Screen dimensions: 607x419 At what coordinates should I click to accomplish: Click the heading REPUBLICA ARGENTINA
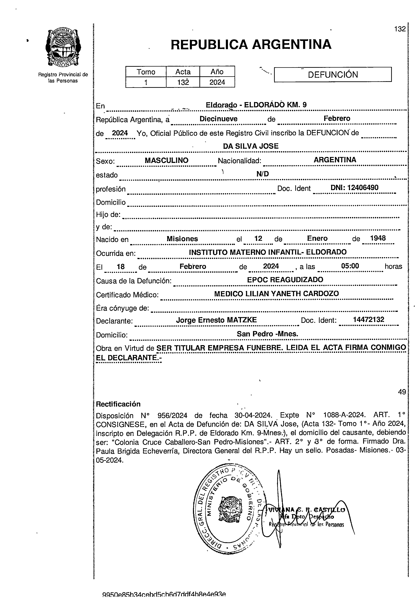coord(251,44)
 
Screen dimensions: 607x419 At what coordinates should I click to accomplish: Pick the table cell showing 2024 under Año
coord(217,82)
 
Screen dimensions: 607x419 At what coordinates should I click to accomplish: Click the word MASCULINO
coord(167,160)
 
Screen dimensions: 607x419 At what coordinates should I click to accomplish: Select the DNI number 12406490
coord(363,188)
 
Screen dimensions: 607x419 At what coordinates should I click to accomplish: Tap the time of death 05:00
coord(350,266)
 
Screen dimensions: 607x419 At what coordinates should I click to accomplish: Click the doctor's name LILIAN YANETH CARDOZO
coord(292,294)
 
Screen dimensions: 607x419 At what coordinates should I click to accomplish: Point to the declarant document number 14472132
coord(368,320)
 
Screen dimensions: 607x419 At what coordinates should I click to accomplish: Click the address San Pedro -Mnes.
coord(267,334)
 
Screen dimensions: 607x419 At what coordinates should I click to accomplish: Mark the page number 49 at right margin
coord(402,392)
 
